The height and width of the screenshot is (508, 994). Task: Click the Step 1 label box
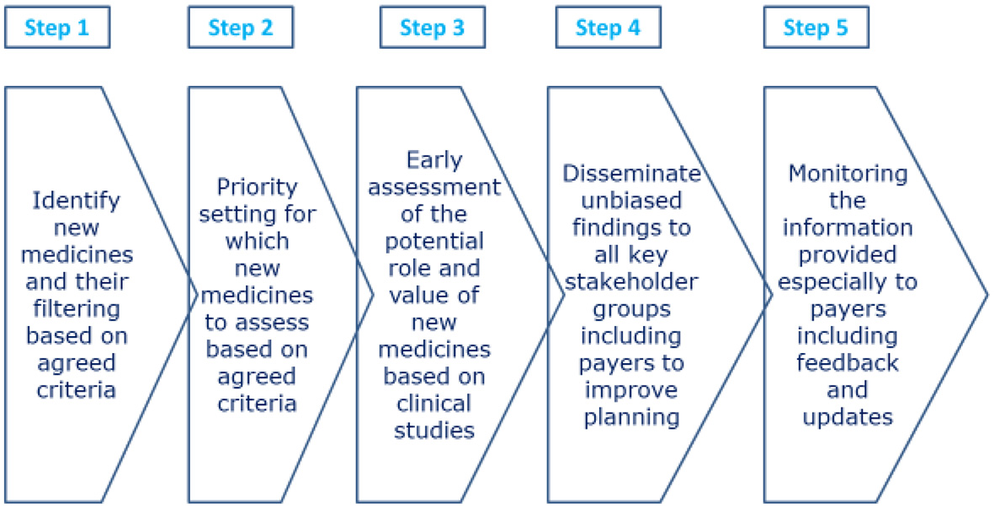pyautogui.click(x=56, y=28)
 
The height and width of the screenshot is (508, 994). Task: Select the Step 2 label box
pyautogui.click(x=241, y=28)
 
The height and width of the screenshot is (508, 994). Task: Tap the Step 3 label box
pyautogui.click(x=432, y=28)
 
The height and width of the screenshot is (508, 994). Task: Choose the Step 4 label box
pyautogui.click(x=608, y=28)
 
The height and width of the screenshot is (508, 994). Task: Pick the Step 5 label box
pyautogui.click(x=816, y=28)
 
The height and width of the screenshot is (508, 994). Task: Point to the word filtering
pyautogui.click(x=77, y=309)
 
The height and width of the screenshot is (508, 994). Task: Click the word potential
pyautogui.click(x=434, y=241)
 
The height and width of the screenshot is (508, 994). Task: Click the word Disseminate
pyautogui.click(x=631, y=173)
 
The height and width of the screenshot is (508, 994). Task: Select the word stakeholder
pyautogui.click(x=630, y=281)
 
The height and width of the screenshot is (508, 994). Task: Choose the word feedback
pyautogui.click(x=848, y=363)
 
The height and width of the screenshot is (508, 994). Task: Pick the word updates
pyautogui.click(x=847, y=417)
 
